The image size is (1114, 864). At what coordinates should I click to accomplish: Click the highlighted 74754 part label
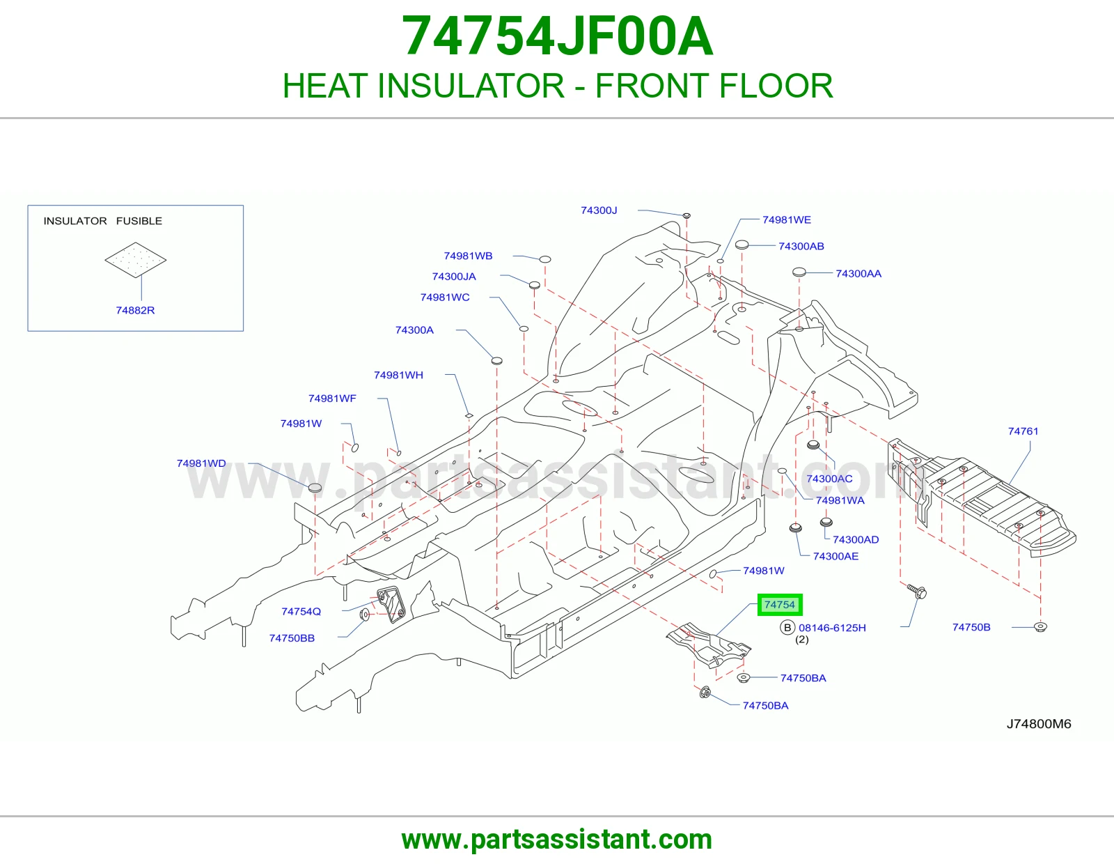[x=780, y=605]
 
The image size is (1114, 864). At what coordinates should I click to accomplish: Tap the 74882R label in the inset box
[x=135, y=310]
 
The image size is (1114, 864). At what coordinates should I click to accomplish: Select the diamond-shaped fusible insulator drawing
[x=135, y=260]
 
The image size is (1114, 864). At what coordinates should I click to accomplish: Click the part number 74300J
[x=599, y=210]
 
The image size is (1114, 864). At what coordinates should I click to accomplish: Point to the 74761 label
[x=1023, y=431]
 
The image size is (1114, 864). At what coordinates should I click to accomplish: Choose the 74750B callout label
[x=971, y=628]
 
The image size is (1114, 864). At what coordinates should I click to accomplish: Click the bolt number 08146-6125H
[x=832, y=628]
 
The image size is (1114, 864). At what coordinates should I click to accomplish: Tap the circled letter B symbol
[x=787, y=628]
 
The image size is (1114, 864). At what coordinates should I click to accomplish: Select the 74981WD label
[x=201, y=463]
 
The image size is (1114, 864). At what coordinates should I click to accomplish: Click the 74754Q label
[x=301, y=612]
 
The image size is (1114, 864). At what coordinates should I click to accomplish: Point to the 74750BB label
[x=292, y=638]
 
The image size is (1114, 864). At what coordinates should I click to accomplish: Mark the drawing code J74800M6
[x=1039, y=724]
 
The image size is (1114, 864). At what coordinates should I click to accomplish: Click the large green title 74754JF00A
[x=557, y=36]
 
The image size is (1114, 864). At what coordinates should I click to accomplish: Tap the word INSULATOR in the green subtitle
[x=471, y=86]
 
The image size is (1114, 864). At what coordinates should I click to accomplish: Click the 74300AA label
[x=858, y=274]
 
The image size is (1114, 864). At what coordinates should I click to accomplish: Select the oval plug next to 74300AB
[x=742, y=245]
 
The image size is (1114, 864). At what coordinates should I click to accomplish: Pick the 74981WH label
[x=398, y=375]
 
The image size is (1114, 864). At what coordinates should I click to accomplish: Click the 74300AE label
[x=835, y=556]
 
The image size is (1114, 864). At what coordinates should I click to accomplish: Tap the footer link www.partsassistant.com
[x=557, y=840]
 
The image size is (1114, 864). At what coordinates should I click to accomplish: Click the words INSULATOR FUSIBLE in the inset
[x=102, y=221]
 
